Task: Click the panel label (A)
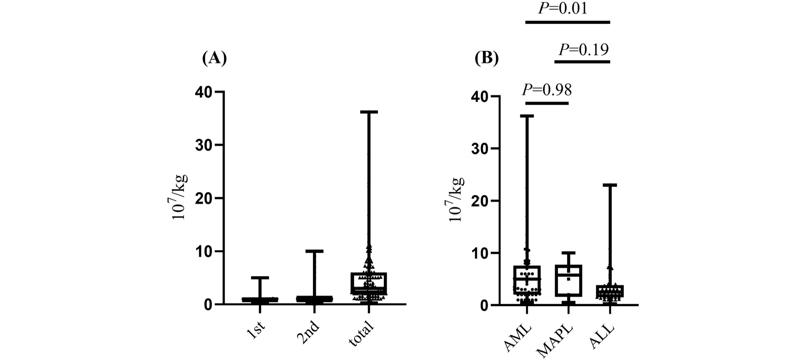214,58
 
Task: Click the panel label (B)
487,58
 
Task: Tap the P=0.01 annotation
563,8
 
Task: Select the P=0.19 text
583,49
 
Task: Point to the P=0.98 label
547,90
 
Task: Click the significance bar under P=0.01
568,22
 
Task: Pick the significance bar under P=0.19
582,61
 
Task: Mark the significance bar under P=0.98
547,103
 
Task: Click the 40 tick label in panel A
204,92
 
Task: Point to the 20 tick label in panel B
480,201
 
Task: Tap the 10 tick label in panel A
204,251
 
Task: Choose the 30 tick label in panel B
480,148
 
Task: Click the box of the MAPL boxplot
568,281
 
